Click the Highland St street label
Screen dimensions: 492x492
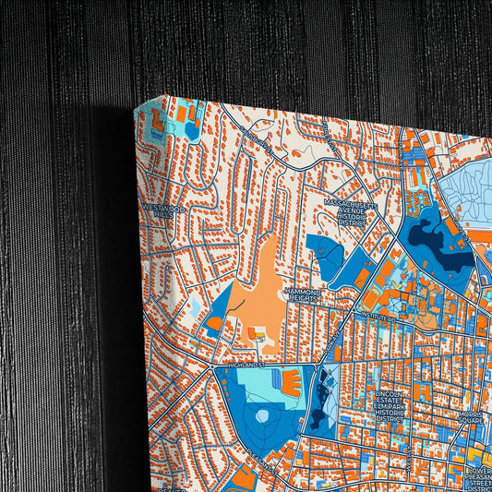click(246, 366)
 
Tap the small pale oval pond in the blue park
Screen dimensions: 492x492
click(262, 416)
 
